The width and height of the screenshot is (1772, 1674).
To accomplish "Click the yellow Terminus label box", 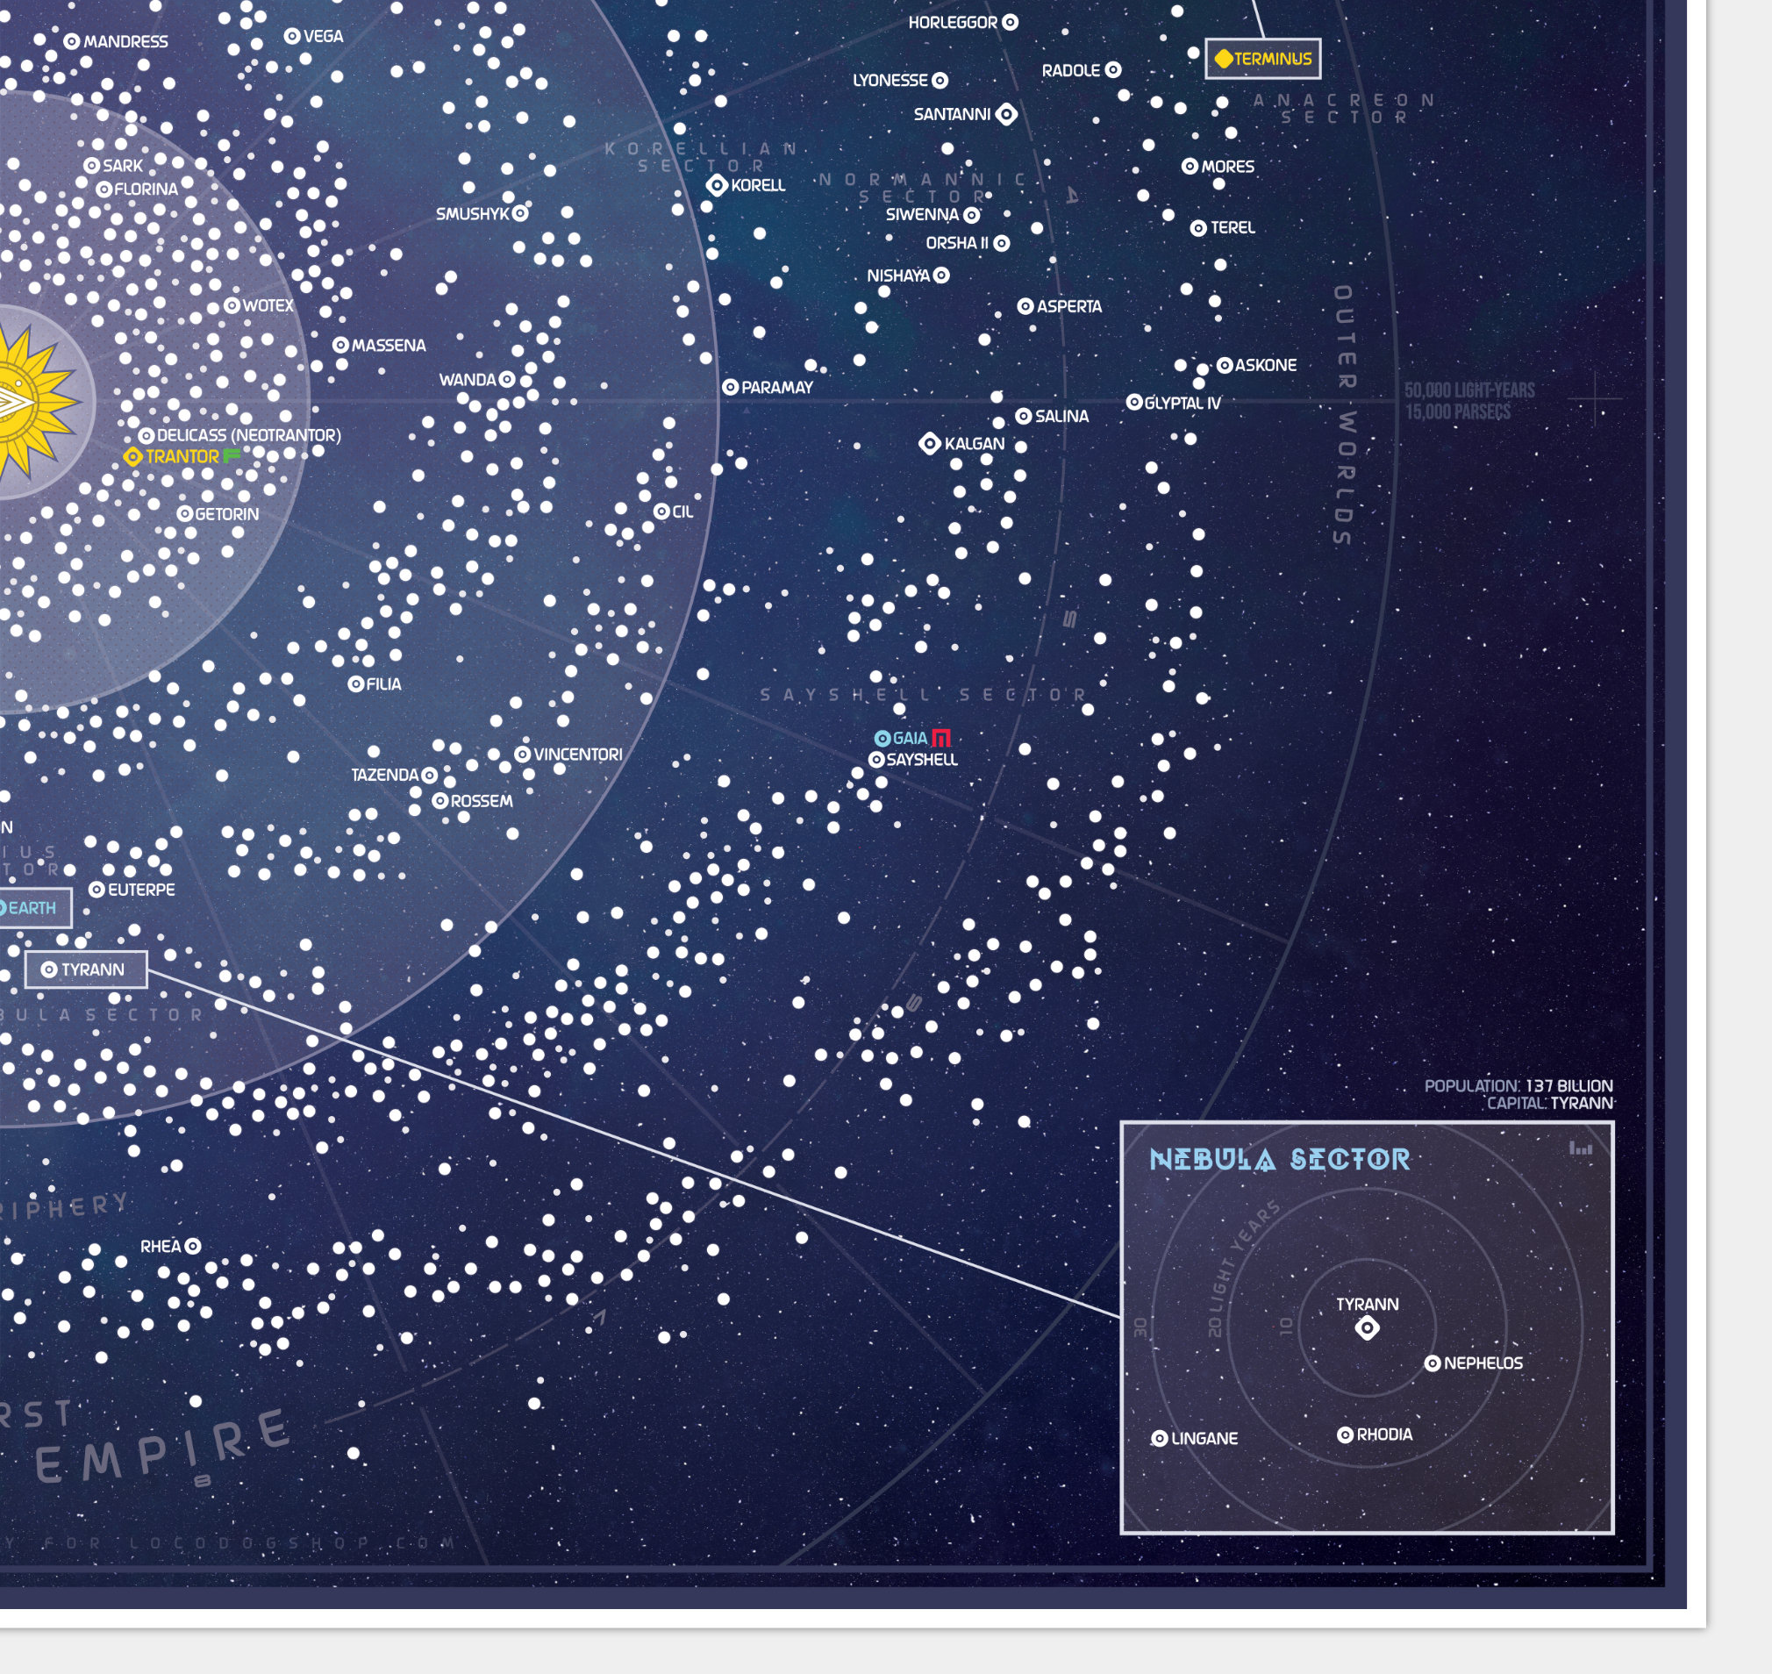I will coord(1262,59).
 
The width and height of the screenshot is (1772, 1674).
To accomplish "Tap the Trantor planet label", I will coord(182,457).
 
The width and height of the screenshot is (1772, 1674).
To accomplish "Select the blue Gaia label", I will coord(909,738).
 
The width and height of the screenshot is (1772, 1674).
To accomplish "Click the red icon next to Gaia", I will coord(941,738).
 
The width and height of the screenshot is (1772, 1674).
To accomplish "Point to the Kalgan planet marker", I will coord(930,443).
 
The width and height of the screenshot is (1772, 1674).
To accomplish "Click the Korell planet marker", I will coord(718,186).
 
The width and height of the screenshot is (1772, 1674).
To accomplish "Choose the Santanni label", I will coord(952,114).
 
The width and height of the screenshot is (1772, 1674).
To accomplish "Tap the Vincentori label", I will coord(578,755).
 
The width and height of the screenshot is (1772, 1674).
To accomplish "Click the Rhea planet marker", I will coord(193,1247).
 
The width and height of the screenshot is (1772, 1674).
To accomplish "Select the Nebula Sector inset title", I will coord(1280,1160).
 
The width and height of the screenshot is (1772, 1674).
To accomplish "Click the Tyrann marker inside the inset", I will coord(1367,1328).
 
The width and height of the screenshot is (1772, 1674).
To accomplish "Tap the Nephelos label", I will coord(1483,1363).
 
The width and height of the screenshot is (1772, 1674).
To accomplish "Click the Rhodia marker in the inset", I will coord(1346,1434).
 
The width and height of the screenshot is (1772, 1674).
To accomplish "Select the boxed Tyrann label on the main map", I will coord(86,970).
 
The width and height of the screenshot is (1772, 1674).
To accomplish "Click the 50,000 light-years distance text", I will coord(1469,390).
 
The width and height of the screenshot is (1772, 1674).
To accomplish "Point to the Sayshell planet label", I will coord(922,761).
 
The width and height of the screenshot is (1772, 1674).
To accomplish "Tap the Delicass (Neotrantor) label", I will coord(249,435).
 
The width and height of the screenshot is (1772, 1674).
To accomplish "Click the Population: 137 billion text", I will coord(1518,1086).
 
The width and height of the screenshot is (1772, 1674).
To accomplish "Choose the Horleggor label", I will coord(952,22).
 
